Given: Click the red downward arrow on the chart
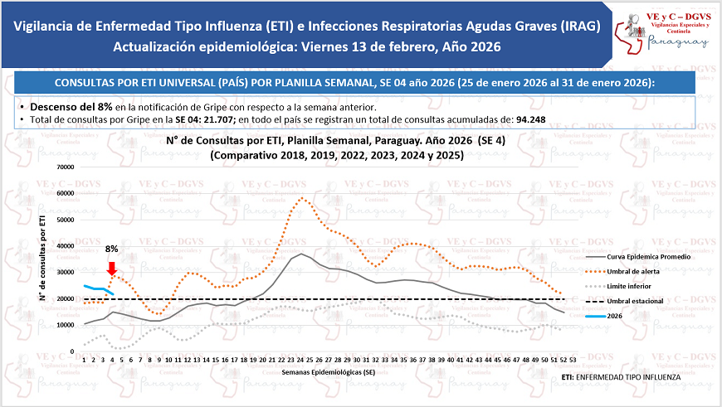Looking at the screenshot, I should [x=112, y=268].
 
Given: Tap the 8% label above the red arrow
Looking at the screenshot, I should [x=112, y=248].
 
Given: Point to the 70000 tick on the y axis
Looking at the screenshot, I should [x=63, y=167].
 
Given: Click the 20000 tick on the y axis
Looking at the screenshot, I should [x=63, y=298].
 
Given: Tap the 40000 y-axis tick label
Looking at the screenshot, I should [x=63, y=245].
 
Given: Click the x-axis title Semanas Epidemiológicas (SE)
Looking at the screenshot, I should [x=327, y=372].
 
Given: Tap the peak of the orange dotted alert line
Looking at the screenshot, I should [x=303, y=198].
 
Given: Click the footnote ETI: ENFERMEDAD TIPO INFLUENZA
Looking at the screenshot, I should [x=620, y=377].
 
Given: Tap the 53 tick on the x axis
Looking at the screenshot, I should [x=573, y=359].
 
